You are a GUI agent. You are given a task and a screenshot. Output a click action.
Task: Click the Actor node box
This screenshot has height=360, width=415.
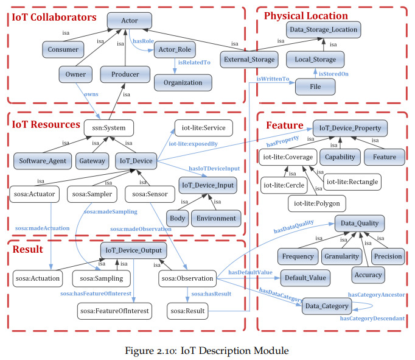[130, 21]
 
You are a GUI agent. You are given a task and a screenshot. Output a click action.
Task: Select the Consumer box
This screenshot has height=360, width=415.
[63, 49]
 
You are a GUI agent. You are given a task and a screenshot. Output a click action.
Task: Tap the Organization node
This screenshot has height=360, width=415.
[183, 83]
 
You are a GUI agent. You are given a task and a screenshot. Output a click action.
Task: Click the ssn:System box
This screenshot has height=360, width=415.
[109, 128]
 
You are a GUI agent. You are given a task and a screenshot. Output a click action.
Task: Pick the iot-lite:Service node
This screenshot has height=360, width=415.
[203, 128]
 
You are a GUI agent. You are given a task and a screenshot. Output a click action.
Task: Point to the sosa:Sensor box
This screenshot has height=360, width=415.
[150, 194]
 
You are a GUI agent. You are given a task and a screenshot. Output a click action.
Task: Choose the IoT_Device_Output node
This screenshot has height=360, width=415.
[134, 250]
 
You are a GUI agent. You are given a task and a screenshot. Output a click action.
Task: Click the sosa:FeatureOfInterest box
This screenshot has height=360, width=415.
[114, 311]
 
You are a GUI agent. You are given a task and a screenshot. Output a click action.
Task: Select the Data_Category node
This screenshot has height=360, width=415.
[327, 306]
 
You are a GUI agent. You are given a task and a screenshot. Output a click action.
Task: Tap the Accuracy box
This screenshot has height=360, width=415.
[368, 275]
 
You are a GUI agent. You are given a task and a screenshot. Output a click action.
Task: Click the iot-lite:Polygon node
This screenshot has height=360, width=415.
[317, 203]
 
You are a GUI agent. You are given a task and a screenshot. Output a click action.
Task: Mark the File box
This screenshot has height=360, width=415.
[315, 86]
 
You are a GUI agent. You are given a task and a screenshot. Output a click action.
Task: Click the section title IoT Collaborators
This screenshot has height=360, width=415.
[54, 17]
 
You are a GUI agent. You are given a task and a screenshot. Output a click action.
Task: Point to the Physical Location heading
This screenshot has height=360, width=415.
[306, 16]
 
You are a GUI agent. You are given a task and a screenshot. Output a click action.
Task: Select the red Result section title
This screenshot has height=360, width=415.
[28, 249]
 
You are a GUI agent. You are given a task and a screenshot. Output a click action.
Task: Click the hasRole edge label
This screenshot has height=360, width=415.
[143, 41]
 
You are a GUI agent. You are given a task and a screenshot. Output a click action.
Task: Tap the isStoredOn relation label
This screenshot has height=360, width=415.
[333, 74]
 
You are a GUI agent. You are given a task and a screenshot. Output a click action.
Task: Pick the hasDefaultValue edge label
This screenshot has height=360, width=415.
[250, 272]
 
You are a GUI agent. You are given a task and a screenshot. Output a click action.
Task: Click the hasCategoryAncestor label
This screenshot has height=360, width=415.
[376, 295]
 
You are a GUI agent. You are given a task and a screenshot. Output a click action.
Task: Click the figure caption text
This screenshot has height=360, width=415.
[207, 351]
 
